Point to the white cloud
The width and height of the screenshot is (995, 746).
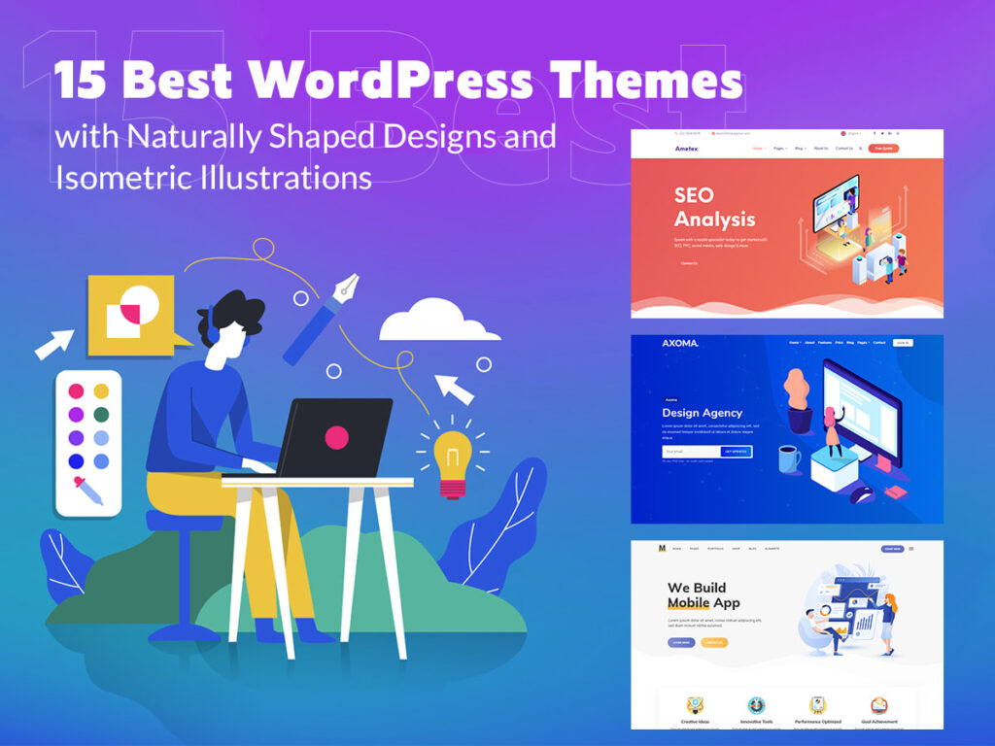tap(433, 322)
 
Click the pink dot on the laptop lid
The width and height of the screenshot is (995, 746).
tap(336, 436)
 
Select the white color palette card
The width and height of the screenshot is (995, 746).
tap(88, 442)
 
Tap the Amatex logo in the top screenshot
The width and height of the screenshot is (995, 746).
tap(686, 149)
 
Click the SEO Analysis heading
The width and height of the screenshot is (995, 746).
tap(714, 207)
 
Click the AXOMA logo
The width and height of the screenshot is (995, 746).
tap(680, 344)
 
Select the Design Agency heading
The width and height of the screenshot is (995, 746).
tap(702, 413)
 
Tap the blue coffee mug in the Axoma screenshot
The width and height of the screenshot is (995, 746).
tap(789, 458)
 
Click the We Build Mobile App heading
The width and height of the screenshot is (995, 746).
tap(703, 595)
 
